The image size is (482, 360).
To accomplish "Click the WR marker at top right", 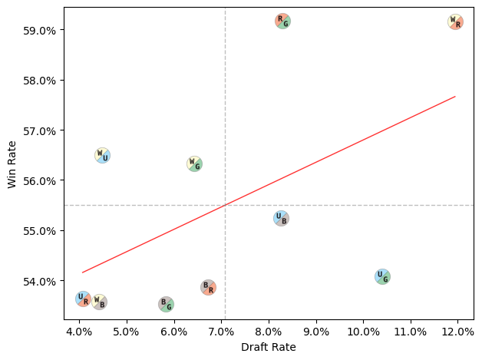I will coord(455,22).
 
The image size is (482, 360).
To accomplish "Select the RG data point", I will coord(282,21).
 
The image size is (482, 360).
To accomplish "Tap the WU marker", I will coord(102,155).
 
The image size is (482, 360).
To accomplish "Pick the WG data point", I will coord(194,163).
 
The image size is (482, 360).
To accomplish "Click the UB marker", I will coord(281,218).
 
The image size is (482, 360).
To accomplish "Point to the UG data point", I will coord(382,276).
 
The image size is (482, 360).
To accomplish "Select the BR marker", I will coord(208,287).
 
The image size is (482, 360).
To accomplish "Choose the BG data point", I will coord(166,304).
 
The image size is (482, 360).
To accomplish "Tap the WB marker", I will coord(99,302).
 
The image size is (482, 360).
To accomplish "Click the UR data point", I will coord(83,299).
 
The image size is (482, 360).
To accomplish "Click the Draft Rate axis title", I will coord(269,347).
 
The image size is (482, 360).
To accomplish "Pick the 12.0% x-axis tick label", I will coord(457,332).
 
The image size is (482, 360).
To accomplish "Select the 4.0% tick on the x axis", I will coord(79,332).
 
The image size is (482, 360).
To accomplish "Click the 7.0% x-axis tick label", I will coord(221,332).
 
